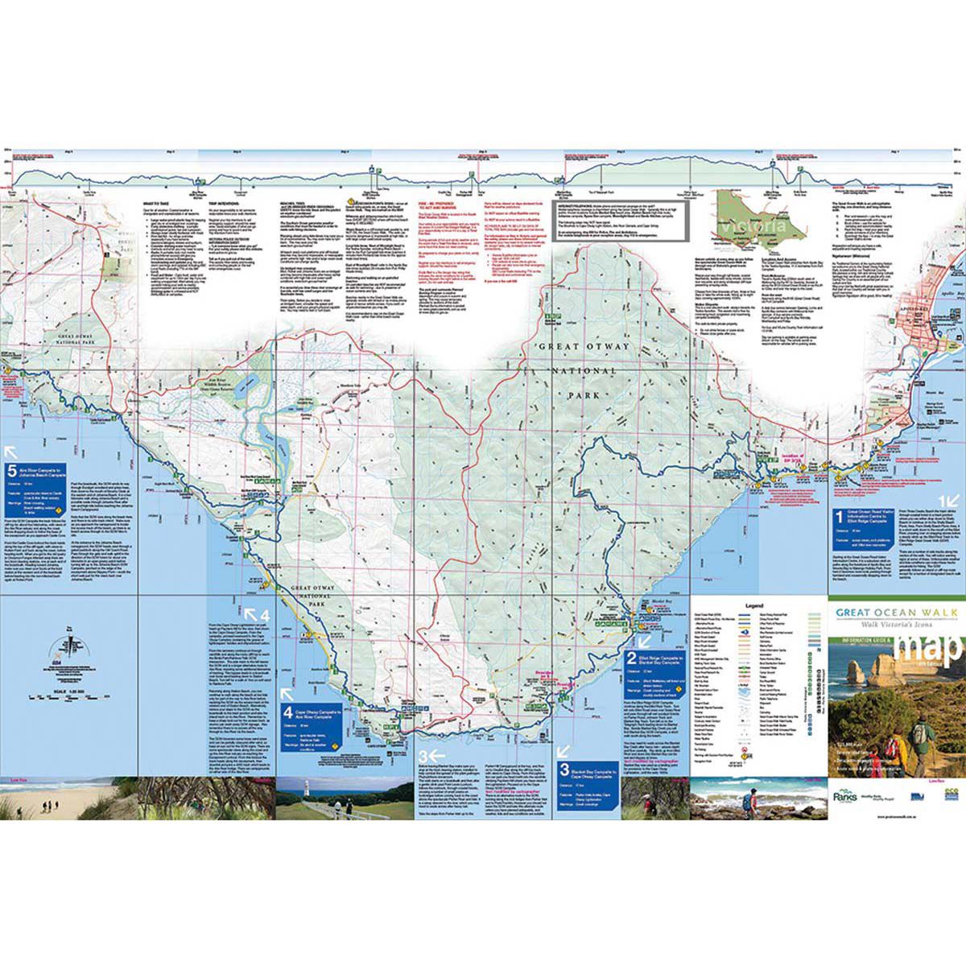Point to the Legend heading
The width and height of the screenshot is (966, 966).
753,604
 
